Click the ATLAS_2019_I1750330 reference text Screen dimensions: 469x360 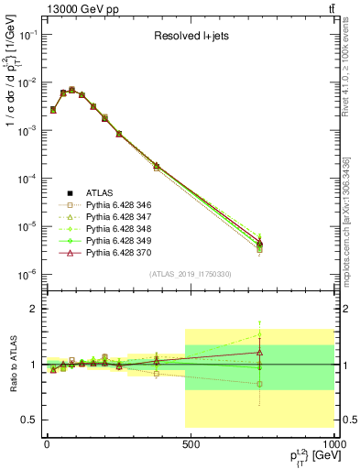point(190,274)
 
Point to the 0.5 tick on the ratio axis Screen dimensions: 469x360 point(30,420)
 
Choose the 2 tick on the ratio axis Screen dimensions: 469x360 point(34,309)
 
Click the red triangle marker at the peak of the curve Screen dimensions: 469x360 point(71,90)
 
